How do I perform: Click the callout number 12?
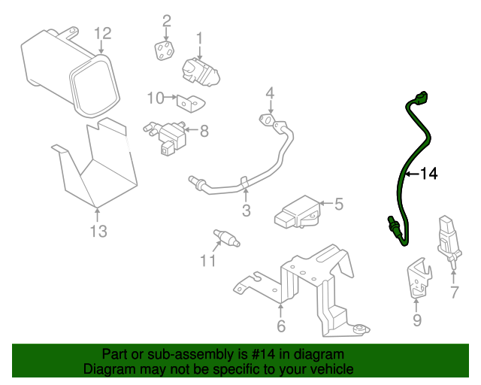point(102,34)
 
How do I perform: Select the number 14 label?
point(428,174)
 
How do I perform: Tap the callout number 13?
point(98,231)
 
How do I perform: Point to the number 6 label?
point(281,326)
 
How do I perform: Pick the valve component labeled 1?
point(201,72)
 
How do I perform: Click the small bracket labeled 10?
point(191,103)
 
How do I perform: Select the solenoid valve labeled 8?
point(165,138)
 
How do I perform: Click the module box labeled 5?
point(298,212)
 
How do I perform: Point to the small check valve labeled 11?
point(226,238)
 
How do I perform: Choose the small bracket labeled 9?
point(419,279)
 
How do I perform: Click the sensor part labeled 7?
point(449,241)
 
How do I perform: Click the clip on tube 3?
point(244,183)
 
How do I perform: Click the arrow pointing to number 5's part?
point(326,203)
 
